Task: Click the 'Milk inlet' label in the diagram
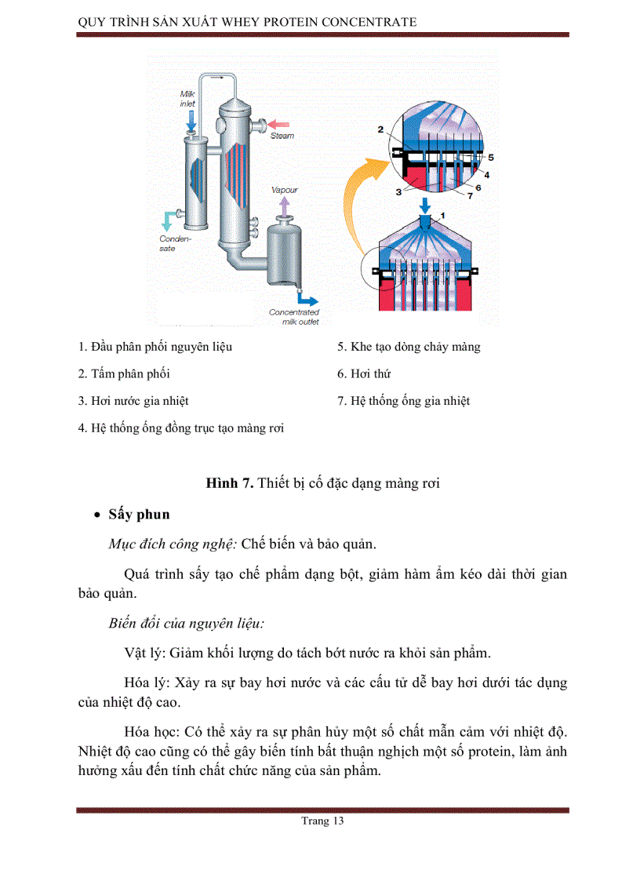click(188, 98)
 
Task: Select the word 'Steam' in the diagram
click(283, 136)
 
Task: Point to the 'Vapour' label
click(284, 190)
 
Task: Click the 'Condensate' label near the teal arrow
click(170, 243)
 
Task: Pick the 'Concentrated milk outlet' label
click(294, 316)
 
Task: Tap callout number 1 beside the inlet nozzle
click(442, 213)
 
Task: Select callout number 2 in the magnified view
click(380, 128)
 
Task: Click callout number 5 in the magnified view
click(490, 158)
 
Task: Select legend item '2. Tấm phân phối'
click(124, 374)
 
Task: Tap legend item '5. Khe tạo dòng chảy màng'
click(409, 347)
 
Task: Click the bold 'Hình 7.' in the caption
click(229, 483)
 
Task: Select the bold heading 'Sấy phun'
click(139, 515)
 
